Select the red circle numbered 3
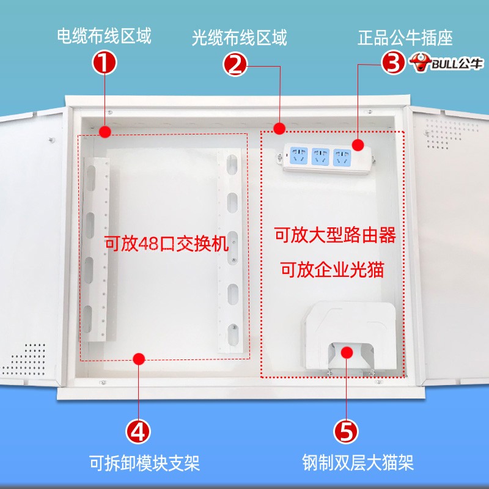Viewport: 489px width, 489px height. (393, 61)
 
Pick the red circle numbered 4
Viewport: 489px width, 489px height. (139, 432)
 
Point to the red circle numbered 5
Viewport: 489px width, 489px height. (346, 432)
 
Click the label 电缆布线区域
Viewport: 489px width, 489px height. (103, 37)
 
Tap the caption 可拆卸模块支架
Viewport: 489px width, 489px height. (144, 463)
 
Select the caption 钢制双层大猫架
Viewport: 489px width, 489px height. (358, 463)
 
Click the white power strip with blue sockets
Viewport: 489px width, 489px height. (328, 157)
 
